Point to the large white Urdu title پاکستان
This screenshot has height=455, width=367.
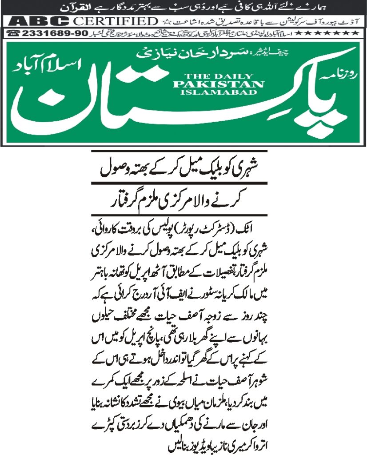point(178,102)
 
